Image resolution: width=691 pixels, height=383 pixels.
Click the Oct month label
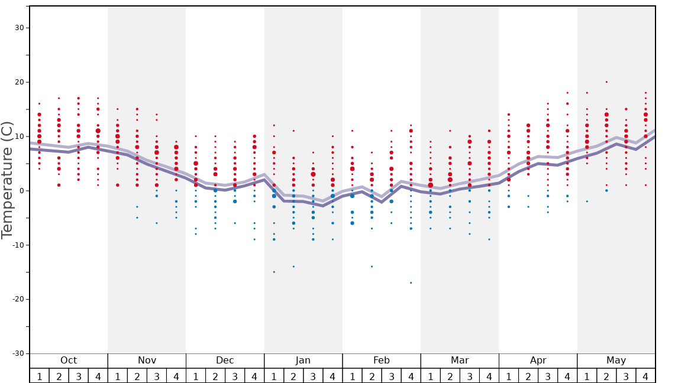(x=69, y=361)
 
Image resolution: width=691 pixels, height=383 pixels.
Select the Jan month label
(x=303, y=361)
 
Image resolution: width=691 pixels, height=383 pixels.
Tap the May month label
(x=616, y=361)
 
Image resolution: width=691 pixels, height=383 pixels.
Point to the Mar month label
(x=460, y=361)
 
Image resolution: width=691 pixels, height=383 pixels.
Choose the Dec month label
(x=225, y=361)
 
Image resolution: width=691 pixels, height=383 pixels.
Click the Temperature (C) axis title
(x=7, y=180)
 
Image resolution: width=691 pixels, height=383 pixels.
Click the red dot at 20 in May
(x=606, y=82)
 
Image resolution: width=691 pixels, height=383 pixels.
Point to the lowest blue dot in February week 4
(x=411, y=283)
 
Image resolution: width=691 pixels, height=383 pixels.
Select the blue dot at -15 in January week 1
(x=274, y=272)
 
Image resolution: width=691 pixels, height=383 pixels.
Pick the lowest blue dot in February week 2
(x=372, y=267)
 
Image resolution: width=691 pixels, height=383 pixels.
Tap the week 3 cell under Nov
(x=157, y=376)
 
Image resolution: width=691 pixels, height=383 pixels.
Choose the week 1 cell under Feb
(x=352, y=376)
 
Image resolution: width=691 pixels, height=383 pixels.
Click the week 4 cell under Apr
(x=567, y=376)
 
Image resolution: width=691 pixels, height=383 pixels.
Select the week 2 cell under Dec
(x=215, y=376)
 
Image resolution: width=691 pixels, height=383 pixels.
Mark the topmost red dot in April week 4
(x=567, y=93)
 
